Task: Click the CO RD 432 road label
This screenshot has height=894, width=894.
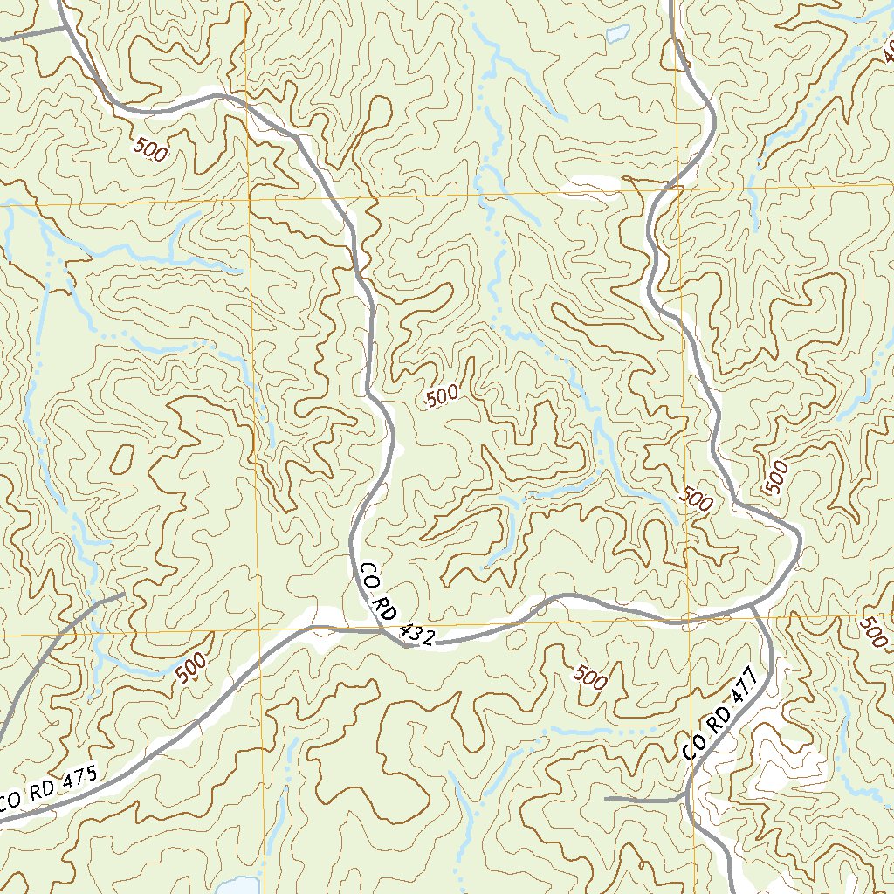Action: [x=396, y=605]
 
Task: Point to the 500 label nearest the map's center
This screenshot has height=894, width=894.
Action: [x=442, y=397]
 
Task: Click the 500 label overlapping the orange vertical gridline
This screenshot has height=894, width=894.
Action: [x=695, y=499]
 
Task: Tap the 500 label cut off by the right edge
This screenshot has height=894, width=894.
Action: [x=872, y=631]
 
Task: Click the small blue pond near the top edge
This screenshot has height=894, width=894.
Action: [x=617, y=34]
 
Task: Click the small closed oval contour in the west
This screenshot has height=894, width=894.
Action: [x=122, y=457]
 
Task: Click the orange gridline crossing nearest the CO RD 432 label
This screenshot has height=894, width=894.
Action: [x=259, y=629]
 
